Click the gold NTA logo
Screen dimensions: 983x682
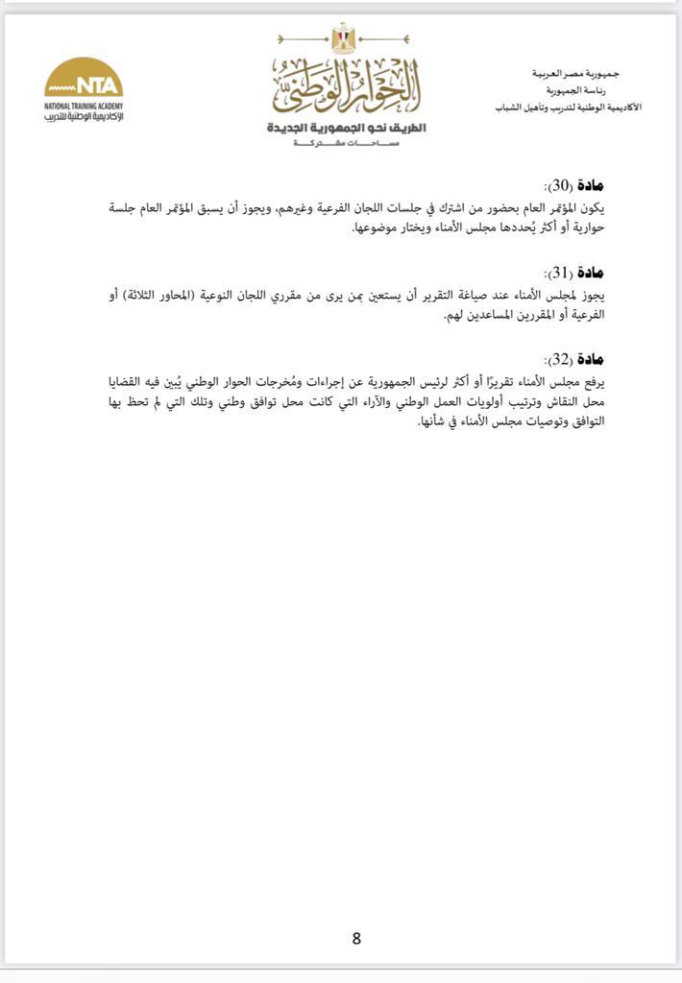pos(84,81)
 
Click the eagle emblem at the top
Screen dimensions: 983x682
pos(343,39)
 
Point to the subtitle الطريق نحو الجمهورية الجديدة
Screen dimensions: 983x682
pos(347,128)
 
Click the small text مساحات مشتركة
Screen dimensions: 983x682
pos(347,142)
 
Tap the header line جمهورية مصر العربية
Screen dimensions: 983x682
pos(575,74)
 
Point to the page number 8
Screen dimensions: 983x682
pos(356,939)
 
